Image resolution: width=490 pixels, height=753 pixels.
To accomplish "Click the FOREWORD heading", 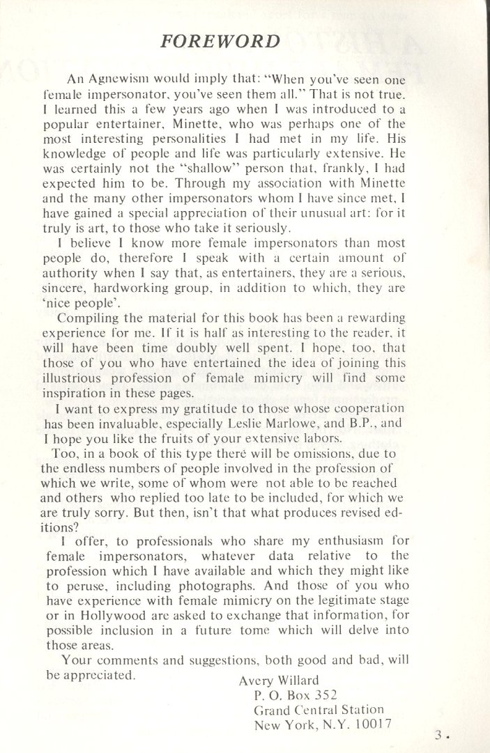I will pyautogui.click(x=220, y=40).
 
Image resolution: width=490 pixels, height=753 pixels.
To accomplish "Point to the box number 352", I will pyautogui.click(x=324, y=694).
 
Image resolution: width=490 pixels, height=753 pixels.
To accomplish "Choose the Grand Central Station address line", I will pyautogui.click(x=318, y=710).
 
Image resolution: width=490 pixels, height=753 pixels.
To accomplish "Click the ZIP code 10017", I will pyautogui.click(x=369, y=725).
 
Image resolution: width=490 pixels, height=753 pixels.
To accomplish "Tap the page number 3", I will pyautogui.click(x=437, y=734).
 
